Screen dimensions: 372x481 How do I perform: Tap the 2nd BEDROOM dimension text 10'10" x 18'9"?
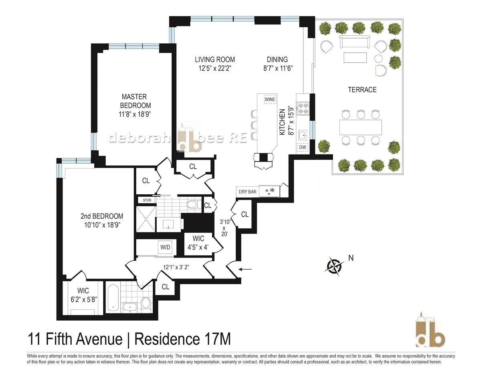click(102, 225)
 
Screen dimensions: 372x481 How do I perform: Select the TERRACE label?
click(362, 89)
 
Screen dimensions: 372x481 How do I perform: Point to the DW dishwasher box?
click(302, 147)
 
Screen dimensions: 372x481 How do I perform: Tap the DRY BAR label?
click(247, 192)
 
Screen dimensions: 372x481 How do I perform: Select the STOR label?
click(145, 200)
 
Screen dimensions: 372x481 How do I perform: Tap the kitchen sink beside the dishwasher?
click(302, 134)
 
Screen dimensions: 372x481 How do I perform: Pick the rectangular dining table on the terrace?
click(361, 127)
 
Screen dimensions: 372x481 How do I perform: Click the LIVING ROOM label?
click(212, 59)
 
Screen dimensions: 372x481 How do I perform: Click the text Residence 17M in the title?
click(182, 338)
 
